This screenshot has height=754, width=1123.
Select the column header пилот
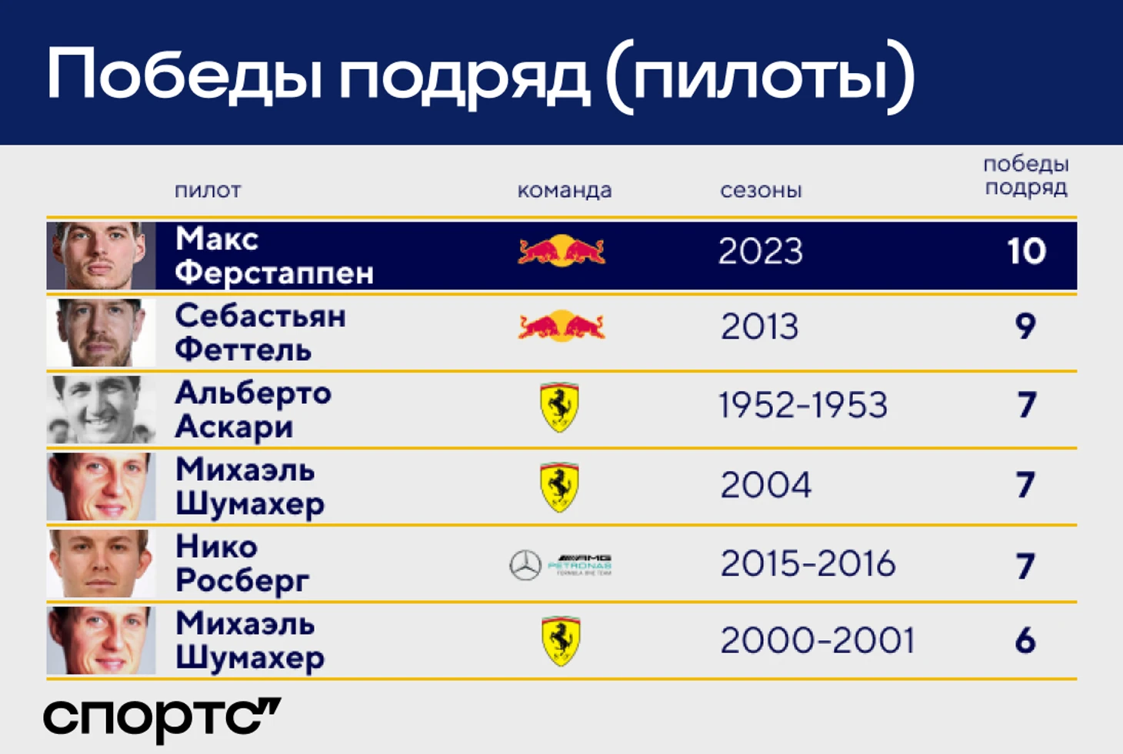coord(208,191)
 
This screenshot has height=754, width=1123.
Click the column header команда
coord(565,191)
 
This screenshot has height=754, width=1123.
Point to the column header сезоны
coord(761,191)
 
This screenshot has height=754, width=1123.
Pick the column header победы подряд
coord(1026,176)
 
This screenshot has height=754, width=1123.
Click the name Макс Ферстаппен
coord(275,255)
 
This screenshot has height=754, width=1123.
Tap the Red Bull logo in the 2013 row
coord(561,326)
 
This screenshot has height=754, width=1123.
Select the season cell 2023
coord(761,251)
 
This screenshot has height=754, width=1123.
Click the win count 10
coord(1027,251)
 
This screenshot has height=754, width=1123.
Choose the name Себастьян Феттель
coord(260,332)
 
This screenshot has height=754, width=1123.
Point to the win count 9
coord(1026,327)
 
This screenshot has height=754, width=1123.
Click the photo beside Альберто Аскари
coord(102,409)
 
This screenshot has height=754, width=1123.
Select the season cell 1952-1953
coord(803,405)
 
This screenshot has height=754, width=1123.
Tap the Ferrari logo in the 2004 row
coord(559,487)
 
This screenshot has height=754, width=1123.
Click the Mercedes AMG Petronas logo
coord(561,565)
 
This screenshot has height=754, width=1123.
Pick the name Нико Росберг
coord(242,564)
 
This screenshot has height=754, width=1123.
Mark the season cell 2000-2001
coord(818,641)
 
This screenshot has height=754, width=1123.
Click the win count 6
coord(1026,641)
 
